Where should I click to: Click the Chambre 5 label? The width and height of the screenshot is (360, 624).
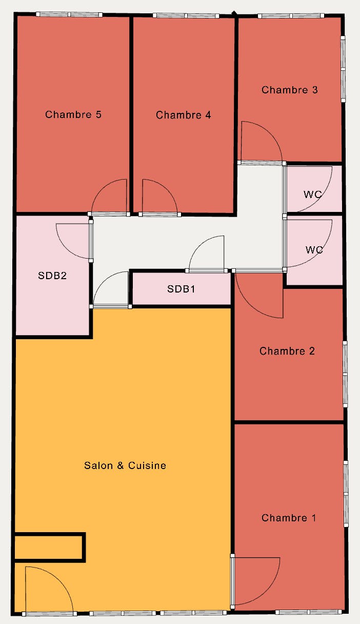coord(73,114)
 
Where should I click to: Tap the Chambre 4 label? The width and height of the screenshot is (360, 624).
coord(183,115)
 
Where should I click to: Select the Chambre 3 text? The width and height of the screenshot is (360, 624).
coord(290,90)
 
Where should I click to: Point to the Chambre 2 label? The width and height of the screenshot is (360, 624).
coord(287,351)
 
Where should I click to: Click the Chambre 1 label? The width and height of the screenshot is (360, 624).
coord(289,518)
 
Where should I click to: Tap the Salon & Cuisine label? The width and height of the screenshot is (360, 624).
coord(125,465)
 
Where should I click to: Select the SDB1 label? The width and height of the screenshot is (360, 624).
coord(181,289)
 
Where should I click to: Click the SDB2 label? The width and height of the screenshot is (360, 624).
coord(52,276)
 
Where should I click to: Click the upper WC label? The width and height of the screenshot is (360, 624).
coord(313,194)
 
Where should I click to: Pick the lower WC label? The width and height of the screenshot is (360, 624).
coord(314,249)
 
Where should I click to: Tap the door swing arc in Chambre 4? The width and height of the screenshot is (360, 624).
coord(167,189)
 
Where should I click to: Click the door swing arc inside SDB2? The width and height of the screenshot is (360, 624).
coord(66,248)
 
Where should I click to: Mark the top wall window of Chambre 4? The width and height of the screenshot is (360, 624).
coord(186,15)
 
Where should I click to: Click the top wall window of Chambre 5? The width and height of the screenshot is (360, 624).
coord(69,14)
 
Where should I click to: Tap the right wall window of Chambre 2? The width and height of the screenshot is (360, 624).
coord(345,374)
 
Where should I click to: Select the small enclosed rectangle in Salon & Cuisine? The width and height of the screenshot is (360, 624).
coord(49,548)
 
